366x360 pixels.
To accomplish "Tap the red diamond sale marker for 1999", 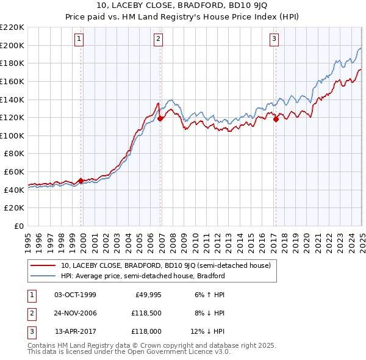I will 81,181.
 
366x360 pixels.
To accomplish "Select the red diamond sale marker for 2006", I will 160,119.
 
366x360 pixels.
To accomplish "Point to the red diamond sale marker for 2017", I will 276,120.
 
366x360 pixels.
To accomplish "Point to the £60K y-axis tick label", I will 14,172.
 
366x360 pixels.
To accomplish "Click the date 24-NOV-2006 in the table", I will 75,314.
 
